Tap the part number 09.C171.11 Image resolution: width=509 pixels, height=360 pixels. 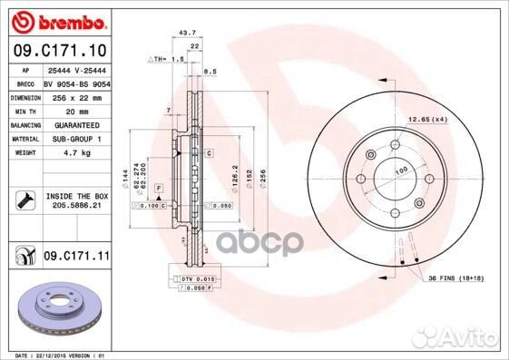pyautogui.click(x=75, y=258)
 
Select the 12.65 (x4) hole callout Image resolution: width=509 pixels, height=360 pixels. pyautogui.click(x=428, y=120)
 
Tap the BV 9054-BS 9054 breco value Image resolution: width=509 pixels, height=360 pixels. pyautogui.click(x=75, y=82)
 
